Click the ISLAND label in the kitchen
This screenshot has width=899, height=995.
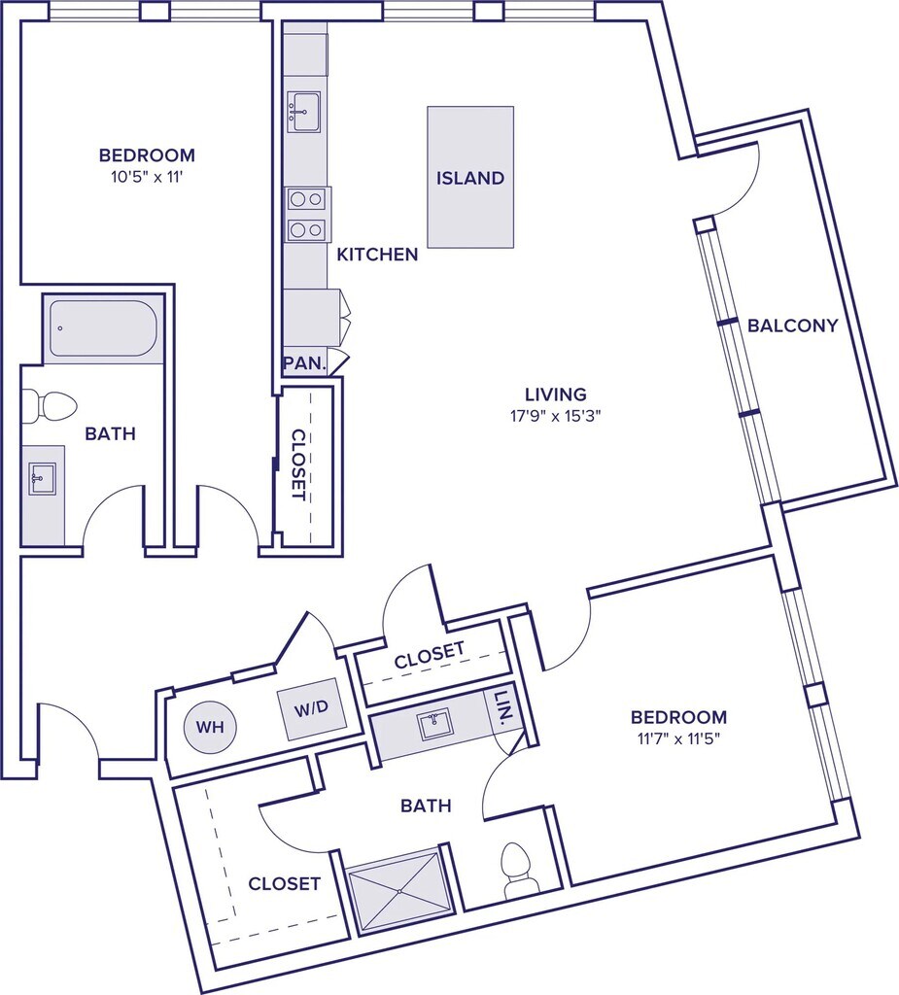tap(469, 178)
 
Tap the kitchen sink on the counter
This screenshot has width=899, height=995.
tap(303, 112)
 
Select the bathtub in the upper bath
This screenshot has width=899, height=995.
tap(103, 328)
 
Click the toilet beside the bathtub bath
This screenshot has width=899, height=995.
tap(49, 406)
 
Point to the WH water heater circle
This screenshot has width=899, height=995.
tap(210, 727)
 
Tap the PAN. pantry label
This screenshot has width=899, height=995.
tap(304, 363)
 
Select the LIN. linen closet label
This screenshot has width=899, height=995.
tap(503, 707)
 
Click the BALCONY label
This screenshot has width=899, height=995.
tap(792, 326)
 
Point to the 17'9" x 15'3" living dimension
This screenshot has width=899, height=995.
tap(555, 416)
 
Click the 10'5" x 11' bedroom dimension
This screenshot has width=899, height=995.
tap(148, 177)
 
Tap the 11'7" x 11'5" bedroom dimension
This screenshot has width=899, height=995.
tap(678, 738)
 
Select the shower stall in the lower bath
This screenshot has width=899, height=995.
tap(398, 891)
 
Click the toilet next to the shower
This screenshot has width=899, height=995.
tap(519, 870)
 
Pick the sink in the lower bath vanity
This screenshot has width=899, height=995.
tap(434, 724)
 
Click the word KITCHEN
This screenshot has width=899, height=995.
tap(377, 255)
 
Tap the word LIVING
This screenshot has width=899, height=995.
tap(556, 395)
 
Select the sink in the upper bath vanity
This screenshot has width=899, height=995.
tap(43, 478)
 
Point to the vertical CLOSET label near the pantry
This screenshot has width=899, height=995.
tap(298, 464)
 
